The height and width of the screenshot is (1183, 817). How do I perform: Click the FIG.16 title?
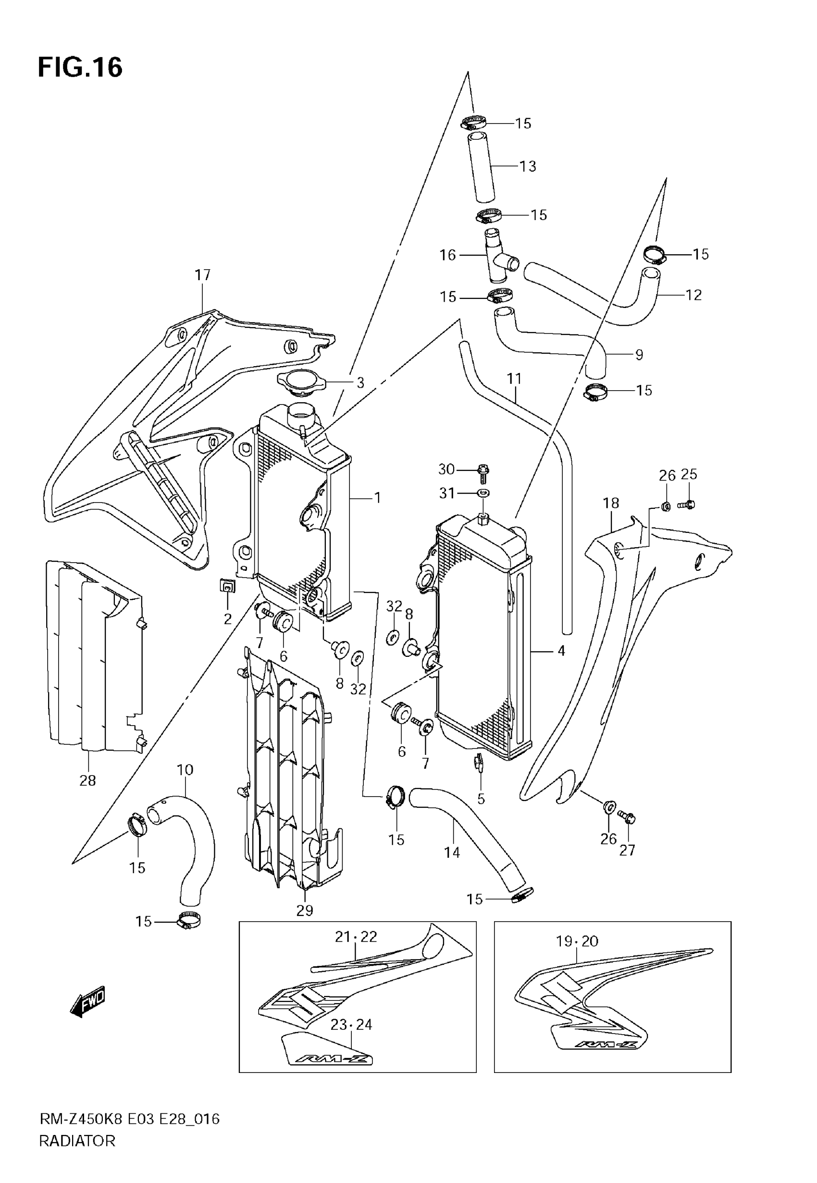pyautogui.click(x=80, y=68)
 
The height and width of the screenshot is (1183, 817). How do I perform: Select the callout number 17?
pyautogui.click(x=203, y=275)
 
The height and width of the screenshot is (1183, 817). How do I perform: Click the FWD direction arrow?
pyautogui.click(x=87, y=1001)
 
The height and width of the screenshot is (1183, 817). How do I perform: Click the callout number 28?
pyautogui.click(x=87, y=781)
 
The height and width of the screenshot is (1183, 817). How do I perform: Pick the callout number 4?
pyautogui.click(x=561, y=652)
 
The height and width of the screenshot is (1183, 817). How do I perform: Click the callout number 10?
pyautogui.click(x=186, y=770)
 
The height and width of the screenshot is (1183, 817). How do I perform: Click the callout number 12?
pyautogui.click(x=693, y=295)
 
